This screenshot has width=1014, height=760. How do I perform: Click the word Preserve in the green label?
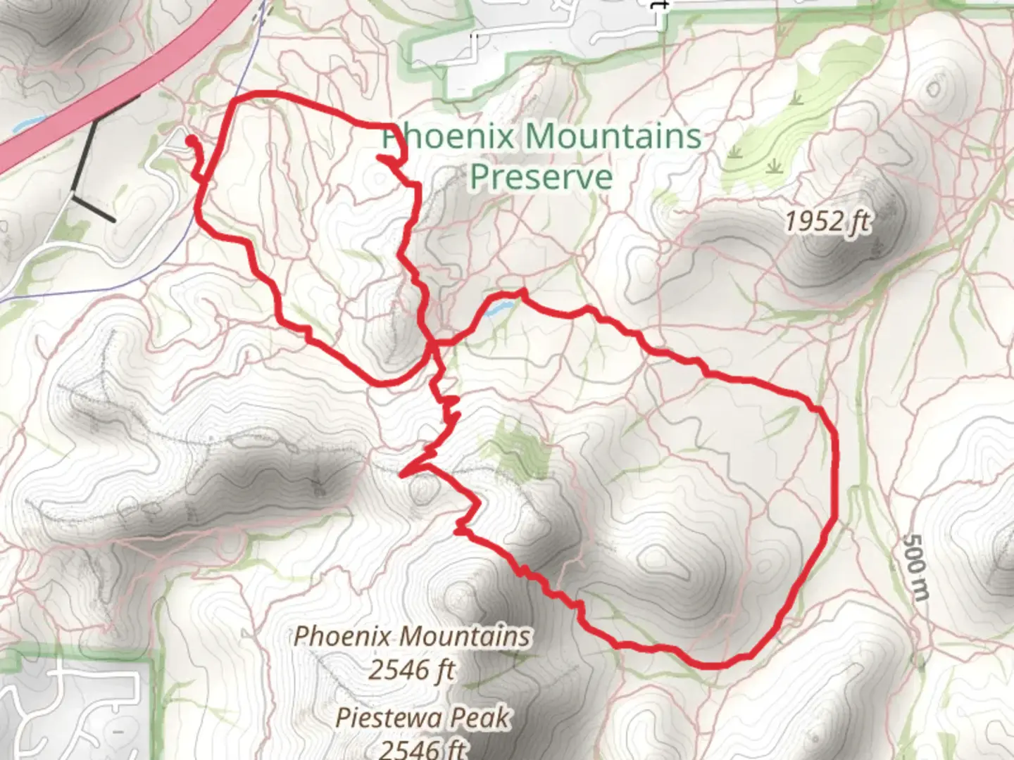point(541,176)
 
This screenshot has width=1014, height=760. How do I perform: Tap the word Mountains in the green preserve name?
point(613,136)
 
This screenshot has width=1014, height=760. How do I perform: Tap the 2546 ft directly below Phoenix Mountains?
point(412,669)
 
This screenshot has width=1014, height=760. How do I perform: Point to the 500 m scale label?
point(915,566)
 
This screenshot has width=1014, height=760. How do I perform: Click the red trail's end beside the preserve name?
point(382,158)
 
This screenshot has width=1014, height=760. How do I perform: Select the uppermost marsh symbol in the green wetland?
point(797,99)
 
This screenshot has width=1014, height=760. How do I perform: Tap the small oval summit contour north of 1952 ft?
point(934,89)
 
